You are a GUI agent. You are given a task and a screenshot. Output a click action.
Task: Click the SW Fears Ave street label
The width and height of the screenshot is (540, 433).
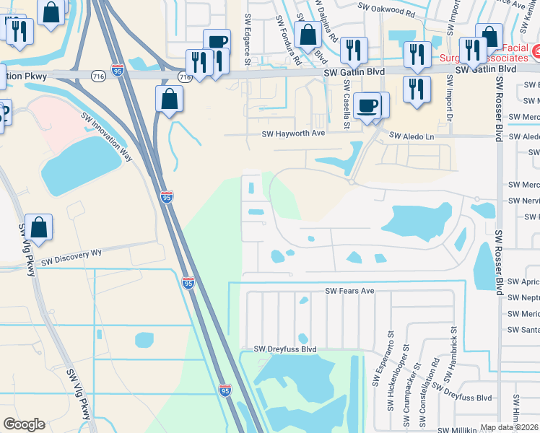[x=349, y=291]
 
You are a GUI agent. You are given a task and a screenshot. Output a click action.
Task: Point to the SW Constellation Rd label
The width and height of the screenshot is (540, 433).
[x=436, y=379]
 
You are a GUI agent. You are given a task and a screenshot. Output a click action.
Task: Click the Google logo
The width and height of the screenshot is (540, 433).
[x=24, y=424]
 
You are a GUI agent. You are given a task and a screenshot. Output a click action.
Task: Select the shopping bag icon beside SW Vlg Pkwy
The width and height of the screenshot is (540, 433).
[x=40, y=227]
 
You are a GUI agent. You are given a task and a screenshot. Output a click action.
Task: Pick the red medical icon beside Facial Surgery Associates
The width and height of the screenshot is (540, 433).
[x=536, y=52]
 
